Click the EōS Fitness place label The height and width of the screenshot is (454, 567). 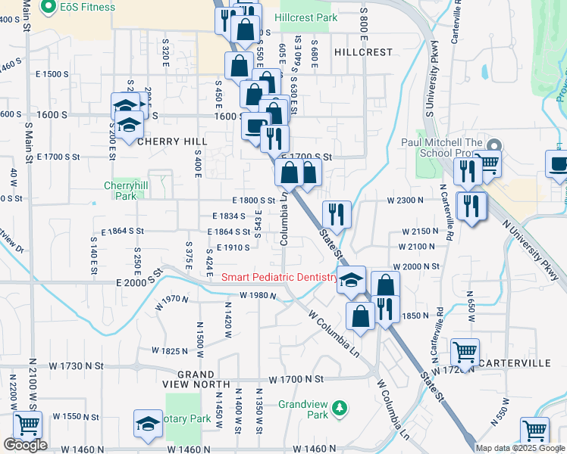pyautogui.click(x=88, y=8)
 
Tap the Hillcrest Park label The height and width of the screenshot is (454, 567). pyautogui.click(x=305, y=17)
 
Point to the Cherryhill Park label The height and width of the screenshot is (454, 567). pyautogui.click(x=120, y=190)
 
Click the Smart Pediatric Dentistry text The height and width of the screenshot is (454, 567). pyautogui.click(x=279, y=278)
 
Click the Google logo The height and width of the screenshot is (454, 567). pyautogui.click(x=25, y=445)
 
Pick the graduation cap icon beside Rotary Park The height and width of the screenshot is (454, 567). pyautogui.click(x=148, y=424)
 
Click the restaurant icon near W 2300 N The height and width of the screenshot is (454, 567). pyautogui.click(x=335, y=215)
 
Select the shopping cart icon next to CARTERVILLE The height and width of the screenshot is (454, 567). pyautogui.click(x=464, y=352)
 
